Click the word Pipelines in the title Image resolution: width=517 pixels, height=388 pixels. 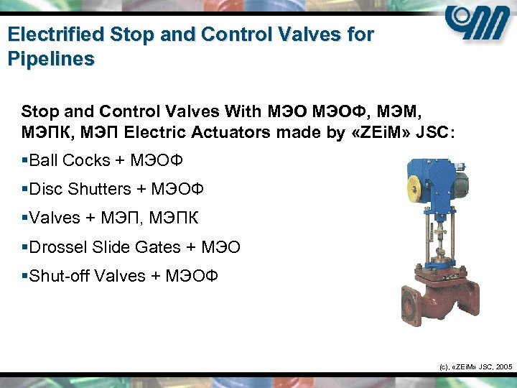(51, 58)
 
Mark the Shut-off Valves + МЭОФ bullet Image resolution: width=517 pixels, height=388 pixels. (123, 276)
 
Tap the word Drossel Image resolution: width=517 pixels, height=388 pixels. (58, 247)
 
